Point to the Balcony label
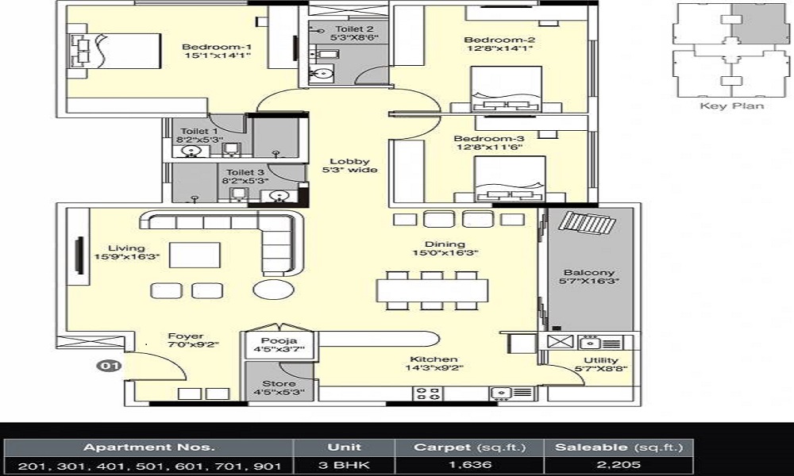pos(589,273)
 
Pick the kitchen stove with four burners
pos(430,392)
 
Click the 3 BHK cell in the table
pos(344,464)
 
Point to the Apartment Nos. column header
pos(149,447)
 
